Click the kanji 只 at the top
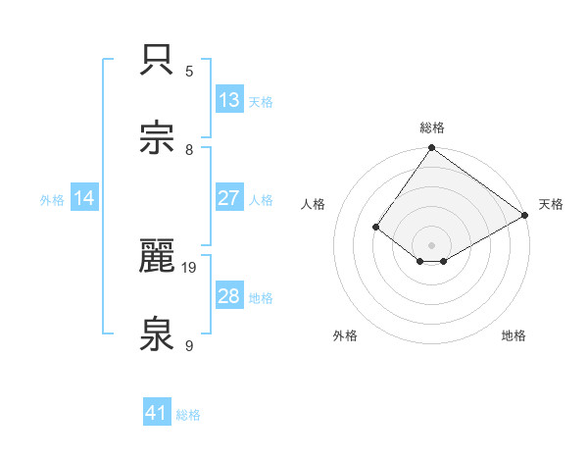coord(158,58)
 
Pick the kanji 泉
coord(158,335)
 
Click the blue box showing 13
coord(229,99)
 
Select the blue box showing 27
coord(229,197)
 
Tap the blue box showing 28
coord(229,296)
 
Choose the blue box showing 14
coord(84,198)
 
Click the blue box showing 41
coord(157,413)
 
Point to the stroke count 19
coord(190,267)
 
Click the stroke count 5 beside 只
coord(189,71)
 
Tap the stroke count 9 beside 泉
coord(189,346)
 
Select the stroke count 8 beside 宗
coord(189,149)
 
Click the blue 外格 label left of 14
coord(52,199)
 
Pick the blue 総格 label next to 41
coord(188,415)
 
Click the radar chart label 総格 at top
coord(432,128)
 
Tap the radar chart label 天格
coord(551,204)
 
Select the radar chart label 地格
coord(514,335)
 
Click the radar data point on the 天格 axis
coord(525,216)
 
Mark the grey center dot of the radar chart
coord(432,244)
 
